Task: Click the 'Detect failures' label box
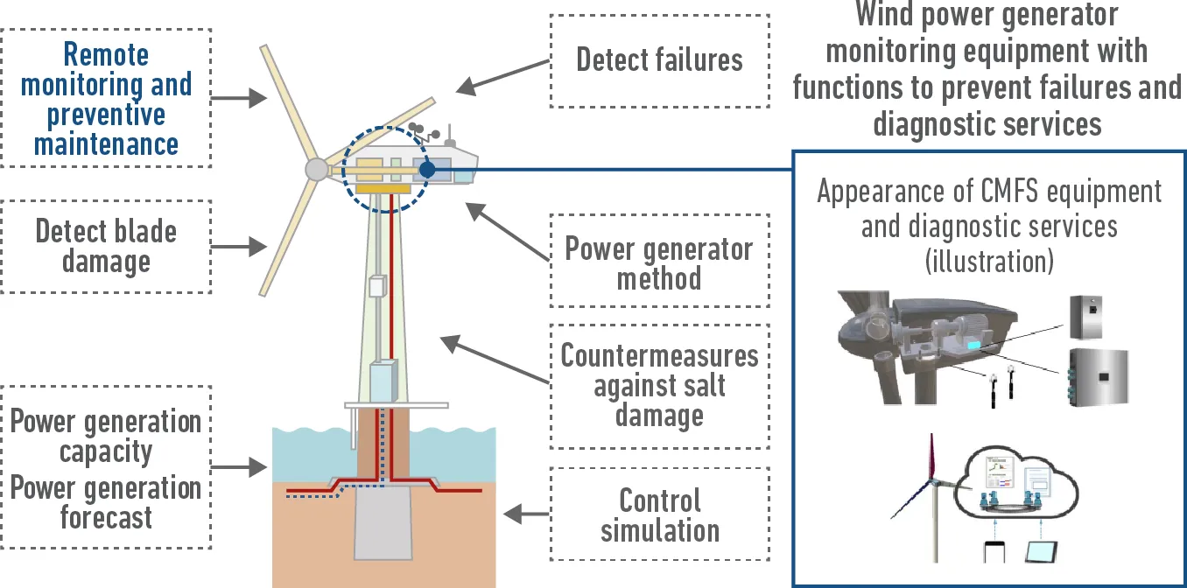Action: coord(659,60)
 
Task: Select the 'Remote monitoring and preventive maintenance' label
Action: coord(106,98)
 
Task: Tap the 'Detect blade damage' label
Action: coord(106,246)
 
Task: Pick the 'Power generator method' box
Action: coord(659,262)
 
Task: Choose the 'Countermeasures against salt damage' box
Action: coord(659,385)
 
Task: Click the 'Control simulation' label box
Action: coord(659,514)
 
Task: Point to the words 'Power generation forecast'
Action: coord(106,502)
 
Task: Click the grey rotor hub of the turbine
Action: coord(314,170)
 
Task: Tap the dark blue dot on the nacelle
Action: coord(426,169)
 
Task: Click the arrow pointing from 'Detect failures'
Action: coord(502,77)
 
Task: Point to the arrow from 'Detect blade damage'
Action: coord(239,248)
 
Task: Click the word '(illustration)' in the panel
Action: coord(989,261)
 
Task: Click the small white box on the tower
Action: coord(377,286)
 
